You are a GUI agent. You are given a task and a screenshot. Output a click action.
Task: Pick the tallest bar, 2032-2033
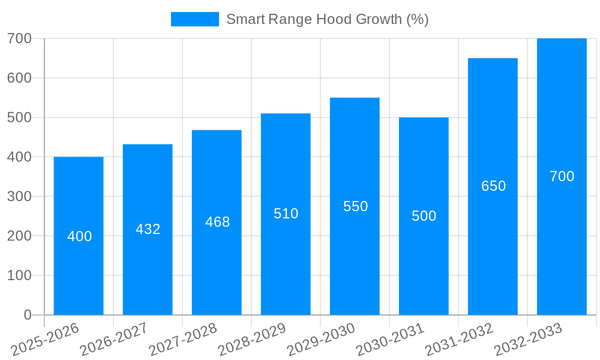coord(562,240)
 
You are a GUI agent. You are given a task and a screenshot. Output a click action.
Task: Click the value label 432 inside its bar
coord(148,229)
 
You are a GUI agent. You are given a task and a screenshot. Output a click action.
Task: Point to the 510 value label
coord(286,214)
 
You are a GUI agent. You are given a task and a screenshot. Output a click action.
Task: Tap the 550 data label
coord(355,206)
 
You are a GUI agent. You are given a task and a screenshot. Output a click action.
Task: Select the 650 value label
coord(493,186)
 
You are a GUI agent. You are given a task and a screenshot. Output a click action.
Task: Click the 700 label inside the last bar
coord(562,176)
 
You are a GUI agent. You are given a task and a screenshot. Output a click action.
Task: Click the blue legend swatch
coord(195,19)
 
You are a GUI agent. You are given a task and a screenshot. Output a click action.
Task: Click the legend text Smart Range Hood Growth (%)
coord(327,19)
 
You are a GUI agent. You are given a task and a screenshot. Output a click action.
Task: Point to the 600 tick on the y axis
coord(19,78)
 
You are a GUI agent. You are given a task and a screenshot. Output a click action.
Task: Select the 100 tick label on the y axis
coord(19,275)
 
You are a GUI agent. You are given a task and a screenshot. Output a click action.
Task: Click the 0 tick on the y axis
coord(28,315)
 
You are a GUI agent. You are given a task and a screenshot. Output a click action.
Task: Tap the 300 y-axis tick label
coord(19,196)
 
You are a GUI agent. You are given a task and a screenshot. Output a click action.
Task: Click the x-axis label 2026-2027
coord(114,340)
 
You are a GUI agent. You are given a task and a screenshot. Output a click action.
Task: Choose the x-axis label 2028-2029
coord(252,340)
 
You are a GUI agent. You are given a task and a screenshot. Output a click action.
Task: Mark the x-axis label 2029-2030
coord(321,340)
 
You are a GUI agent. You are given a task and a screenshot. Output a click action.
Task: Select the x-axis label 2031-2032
coord(459,340)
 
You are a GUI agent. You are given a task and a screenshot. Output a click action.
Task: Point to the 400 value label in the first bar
coord(79,236)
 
